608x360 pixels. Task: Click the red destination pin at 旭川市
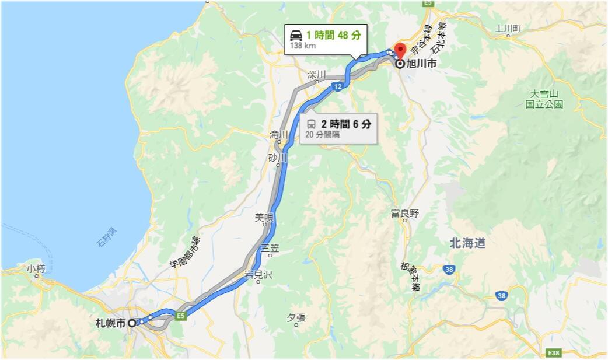coord(400,50)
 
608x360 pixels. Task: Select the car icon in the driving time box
coord(296,35)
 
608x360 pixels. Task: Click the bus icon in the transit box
coord(311,124)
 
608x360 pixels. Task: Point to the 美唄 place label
coord(264,218)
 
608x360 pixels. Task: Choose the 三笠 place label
coord(270,248)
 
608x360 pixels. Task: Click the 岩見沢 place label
coord(258,275)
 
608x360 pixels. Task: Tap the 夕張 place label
coord(296,317)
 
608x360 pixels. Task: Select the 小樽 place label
coord(36,268)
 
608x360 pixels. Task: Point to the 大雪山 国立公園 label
coord(544,99)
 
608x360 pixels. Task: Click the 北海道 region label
coord(467,243)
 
